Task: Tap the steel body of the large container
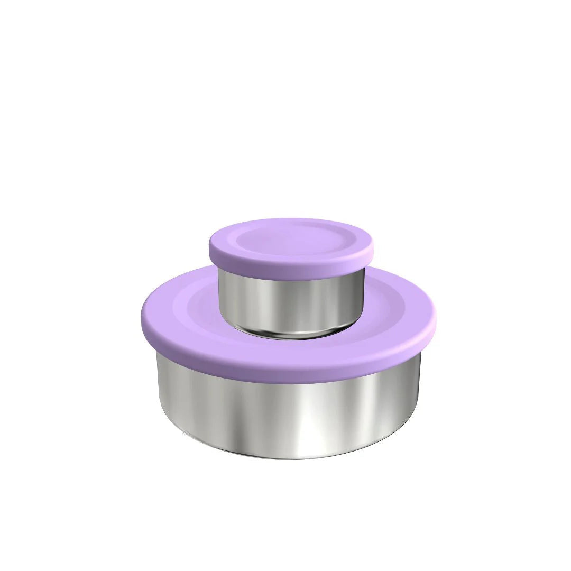pos(288,412)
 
